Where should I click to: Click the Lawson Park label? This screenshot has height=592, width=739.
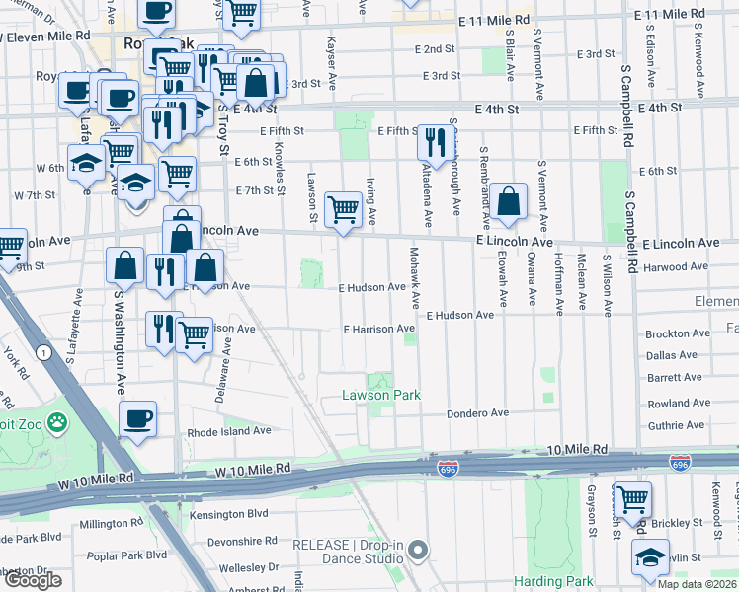click(380, 395)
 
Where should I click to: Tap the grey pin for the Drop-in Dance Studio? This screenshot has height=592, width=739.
click(419, 549)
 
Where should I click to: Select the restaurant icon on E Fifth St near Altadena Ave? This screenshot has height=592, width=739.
click(435, 142)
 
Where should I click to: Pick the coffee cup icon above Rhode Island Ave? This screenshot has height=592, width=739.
click(138, 418)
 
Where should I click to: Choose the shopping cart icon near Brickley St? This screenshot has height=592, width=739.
click(632, 499)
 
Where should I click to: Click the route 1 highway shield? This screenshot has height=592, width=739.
click(42, 352)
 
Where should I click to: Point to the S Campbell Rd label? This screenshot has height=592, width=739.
click(626, 108)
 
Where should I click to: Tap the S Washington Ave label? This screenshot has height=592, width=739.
click(119, 335)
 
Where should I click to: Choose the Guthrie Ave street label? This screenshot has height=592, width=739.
click(675, 425)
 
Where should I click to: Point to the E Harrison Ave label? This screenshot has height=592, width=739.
click(378, 329)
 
